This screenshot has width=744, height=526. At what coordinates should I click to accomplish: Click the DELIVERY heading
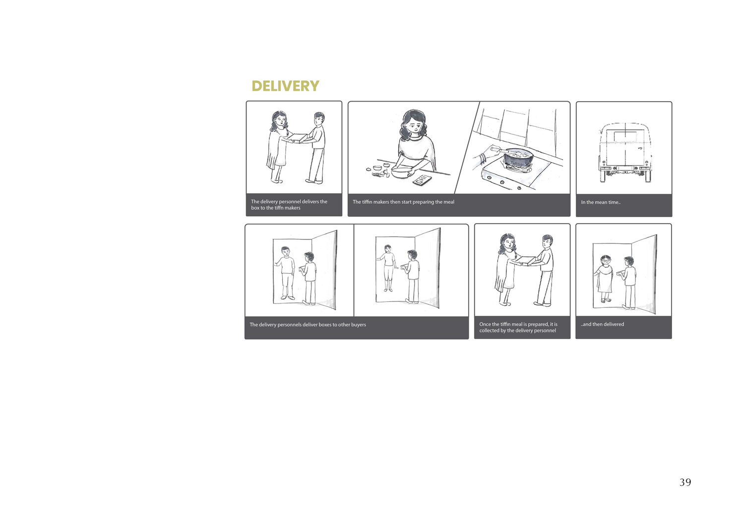pos(285,86)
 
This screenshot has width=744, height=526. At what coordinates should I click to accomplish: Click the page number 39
pos(685,482)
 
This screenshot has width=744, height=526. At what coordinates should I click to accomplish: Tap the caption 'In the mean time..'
pos(601,202)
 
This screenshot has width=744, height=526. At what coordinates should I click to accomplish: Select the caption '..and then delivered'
pos(602,324)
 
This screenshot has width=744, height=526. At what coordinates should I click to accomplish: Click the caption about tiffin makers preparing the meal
pos(403,202)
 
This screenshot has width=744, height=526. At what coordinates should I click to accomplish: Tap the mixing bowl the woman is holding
pos(403,173)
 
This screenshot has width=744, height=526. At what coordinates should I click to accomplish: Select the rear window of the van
pos(625,136)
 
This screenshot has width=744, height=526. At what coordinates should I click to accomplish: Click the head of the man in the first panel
pos(319,119)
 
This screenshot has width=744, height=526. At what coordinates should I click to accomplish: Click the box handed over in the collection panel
pos(526,261)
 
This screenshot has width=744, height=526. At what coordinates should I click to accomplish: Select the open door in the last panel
pos(644,274)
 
